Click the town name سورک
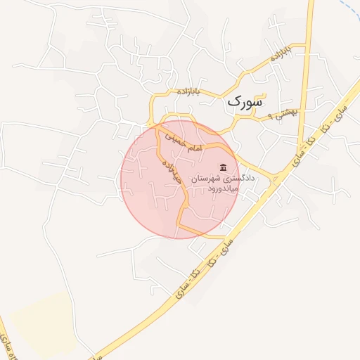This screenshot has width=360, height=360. pos(245,103)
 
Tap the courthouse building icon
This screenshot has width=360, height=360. pos(224,167)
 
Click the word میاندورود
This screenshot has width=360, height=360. pos(242,190)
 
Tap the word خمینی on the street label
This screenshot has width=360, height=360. pos(176,141)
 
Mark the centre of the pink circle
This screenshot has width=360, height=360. pos(181,179)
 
